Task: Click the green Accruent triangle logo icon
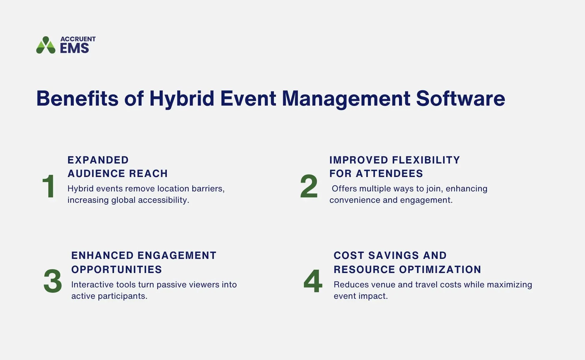pyautogui.click(x=46, y=45)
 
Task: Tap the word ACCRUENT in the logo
pyautogui.click(x=78, y=39)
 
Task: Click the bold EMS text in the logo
pyautogui.click(x=74, y=48)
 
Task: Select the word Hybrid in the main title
pyautogui.click(x=181, y=98)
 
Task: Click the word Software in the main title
pyautogui.click(x=460, y=98)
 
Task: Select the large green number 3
pyautogui.click(x=52, y=281)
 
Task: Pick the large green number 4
pyautogui.click(x=313, y=281)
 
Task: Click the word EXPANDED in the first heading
pyautogui.click(x=98, y=160)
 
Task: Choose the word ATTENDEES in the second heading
pyautogui.click(x=389, y=173)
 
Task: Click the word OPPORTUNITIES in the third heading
pyautogui.click(x=116, y=269)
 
